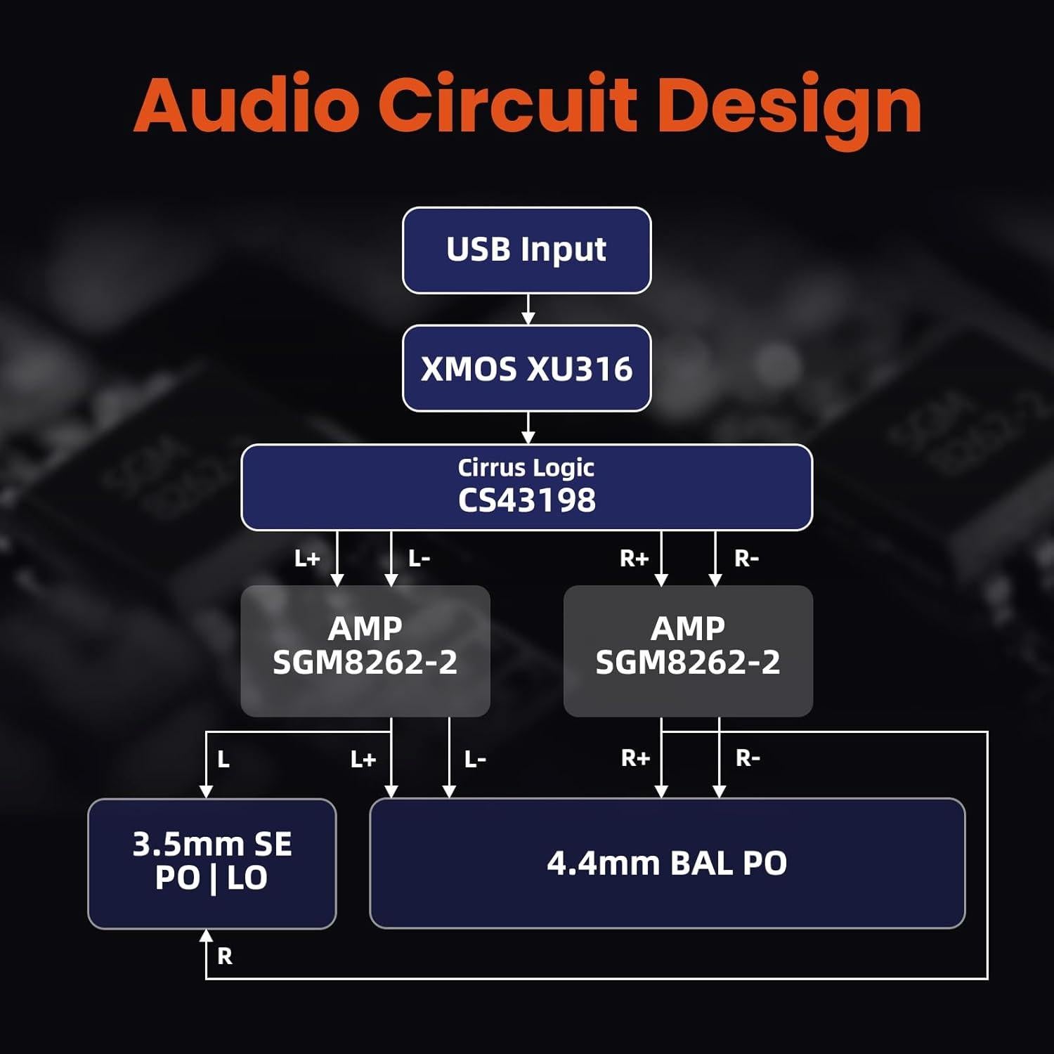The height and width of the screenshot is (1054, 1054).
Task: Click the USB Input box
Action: [526, 250]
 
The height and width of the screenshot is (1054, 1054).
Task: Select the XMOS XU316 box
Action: [526, 368]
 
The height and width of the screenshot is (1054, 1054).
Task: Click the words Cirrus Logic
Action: [526, 467]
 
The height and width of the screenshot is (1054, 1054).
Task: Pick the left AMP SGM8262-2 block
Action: [365, 650]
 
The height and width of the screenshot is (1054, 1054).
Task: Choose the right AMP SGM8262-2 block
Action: [688, 650]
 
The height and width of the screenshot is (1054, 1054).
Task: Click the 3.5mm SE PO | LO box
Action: [212, 863]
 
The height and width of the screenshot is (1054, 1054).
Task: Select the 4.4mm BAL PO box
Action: [667, 863]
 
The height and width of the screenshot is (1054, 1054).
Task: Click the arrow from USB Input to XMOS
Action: [528, 310]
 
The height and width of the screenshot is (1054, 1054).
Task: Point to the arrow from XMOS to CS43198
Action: [528, 428]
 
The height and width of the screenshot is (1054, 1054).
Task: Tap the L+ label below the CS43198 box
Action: [307, 559]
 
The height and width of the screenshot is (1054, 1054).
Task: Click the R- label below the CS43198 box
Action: [746, 559]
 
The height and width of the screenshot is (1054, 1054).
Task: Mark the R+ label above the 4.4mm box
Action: [635, 758]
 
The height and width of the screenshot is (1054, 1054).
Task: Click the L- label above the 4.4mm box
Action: [475, 760]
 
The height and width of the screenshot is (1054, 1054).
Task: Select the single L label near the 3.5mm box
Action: [223, 760]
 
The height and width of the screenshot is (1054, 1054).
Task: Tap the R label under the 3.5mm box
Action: [224, 956]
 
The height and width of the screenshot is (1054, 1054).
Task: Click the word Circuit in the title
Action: [507, 105]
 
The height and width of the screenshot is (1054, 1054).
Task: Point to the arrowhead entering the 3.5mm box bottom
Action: [206, 936]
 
